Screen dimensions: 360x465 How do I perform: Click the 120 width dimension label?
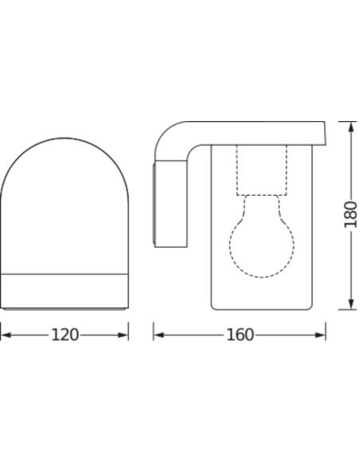point(65,334)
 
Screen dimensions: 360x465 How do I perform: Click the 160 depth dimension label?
point(240,334)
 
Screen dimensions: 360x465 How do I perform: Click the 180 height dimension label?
point(350,215)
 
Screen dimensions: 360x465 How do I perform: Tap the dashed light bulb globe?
point(262,245)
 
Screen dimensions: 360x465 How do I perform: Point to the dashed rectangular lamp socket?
point(261,170)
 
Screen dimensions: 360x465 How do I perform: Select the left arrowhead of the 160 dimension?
point(159,335)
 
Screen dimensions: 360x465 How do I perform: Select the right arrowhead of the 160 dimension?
point(320,335)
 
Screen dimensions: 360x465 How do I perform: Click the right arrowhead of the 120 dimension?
point(123,335)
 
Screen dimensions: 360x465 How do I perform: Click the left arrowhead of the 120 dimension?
point(6,335)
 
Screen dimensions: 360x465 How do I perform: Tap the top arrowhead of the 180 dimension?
point(351,127)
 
